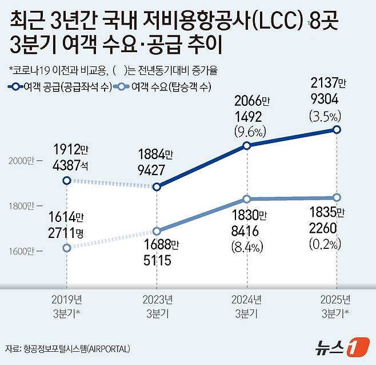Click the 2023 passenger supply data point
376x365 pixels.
coord(157,187)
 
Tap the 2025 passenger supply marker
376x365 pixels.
coord(337,130)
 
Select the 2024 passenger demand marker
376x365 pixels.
coord(247,199)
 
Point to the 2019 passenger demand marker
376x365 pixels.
coord(67,248)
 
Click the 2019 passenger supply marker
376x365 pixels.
coord(67,180)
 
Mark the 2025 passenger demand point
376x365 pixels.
coord(337,197)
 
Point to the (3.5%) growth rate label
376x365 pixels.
coord(325,116)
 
